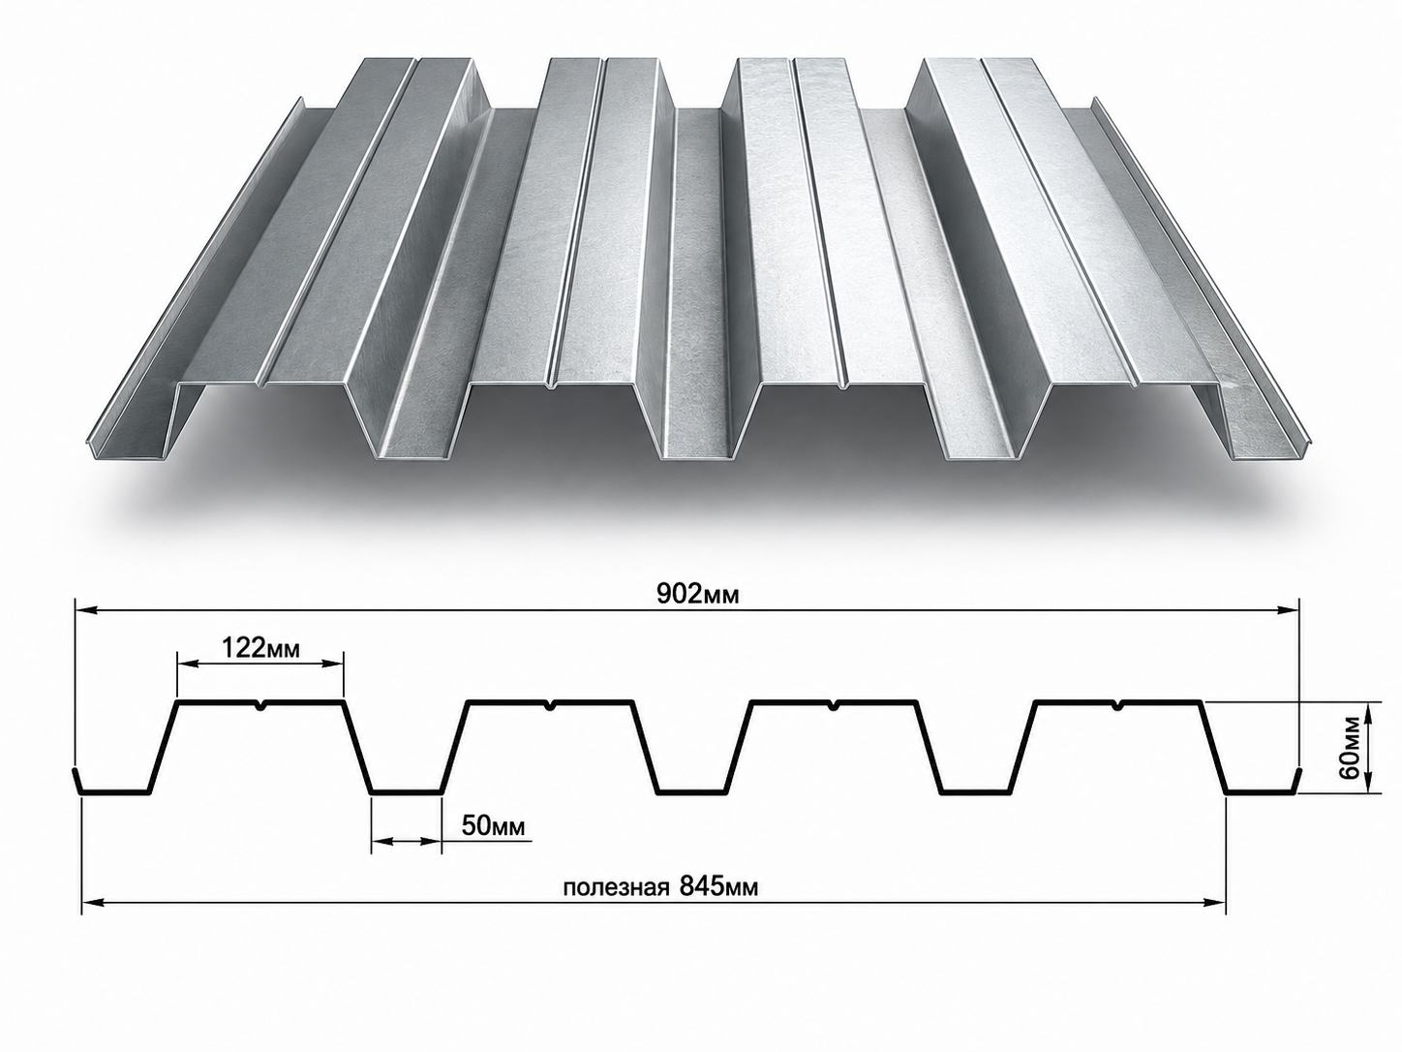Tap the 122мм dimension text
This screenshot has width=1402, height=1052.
coord(259,648)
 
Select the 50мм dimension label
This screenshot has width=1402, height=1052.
coord(493,826)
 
